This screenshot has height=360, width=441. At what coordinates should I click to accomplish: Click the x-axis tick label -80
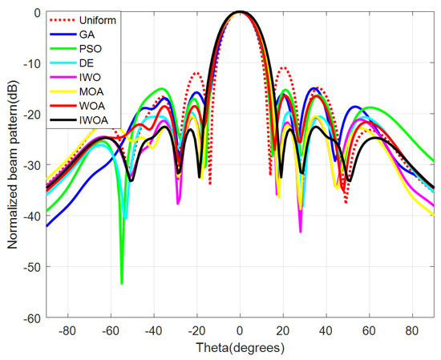coord(67,330)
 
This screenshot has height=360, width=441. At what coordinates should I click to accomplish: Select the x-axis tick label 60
coord(369,330)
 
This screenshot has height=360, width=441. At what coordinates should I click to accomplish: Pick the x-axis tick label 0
coord(240,330)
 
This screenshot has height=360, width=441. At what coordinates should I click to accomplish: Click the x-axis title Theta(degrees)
coord(239,346)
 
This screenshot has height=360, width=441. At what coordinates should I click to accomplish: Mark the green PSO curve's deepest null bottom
coord(122,283)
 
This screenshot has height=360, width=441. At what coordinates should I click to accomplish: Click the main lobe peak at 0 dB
coord(240,12)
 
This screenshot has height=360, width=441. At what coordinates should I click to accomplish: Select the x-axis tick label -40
coord(153,330)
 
